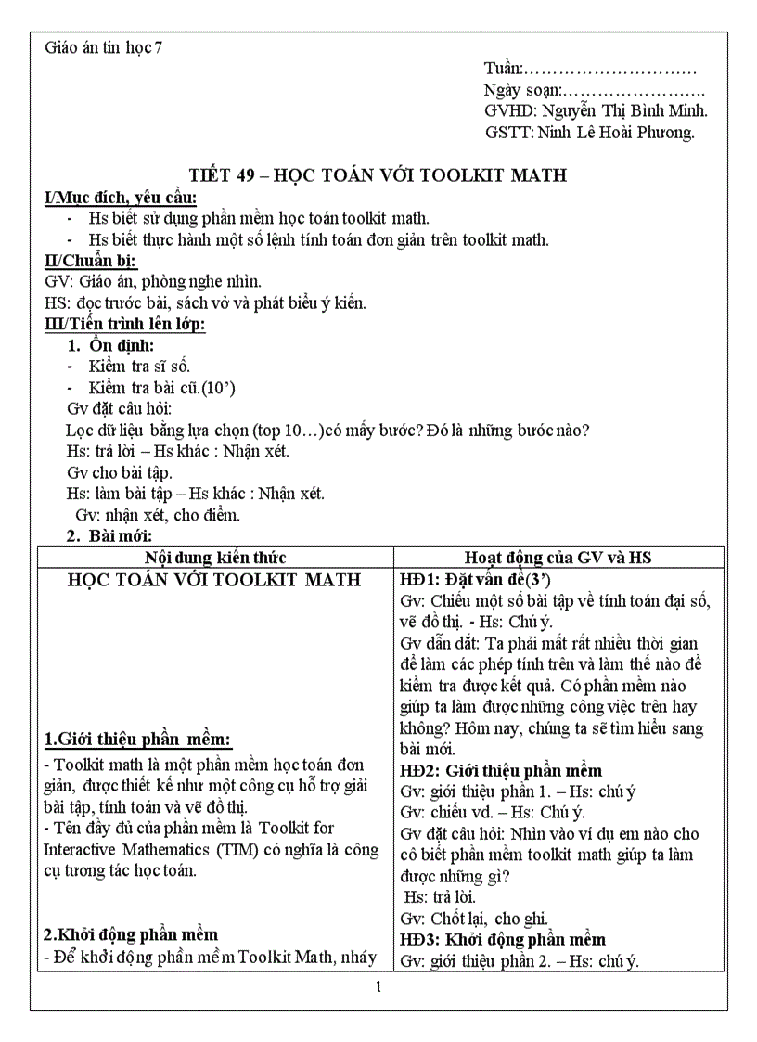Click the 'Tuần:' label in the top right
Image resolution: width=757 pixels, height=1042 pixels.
point(504,69)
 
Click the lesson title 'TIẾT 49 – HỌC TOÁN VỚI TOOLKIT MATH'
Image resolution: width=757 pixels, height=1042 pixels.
point(378,175)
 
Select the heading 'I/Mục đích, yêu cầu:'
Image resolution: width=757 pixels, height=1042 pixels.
point(121,198)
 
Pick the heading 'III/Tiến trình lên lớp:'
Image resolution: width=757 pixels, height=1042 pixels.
point(124,324)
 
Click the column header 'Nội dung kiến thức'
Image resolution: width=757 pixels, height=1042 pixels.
point(215,557)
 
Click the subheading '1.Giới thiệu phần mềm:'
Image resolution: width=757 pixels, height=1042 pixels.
point(138,740)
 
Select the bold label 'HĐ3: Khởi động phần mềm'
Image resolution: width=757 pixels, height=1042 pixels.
point(502,940)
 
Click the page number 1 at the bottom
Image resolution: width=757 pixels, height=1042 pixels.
point(378,986)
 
